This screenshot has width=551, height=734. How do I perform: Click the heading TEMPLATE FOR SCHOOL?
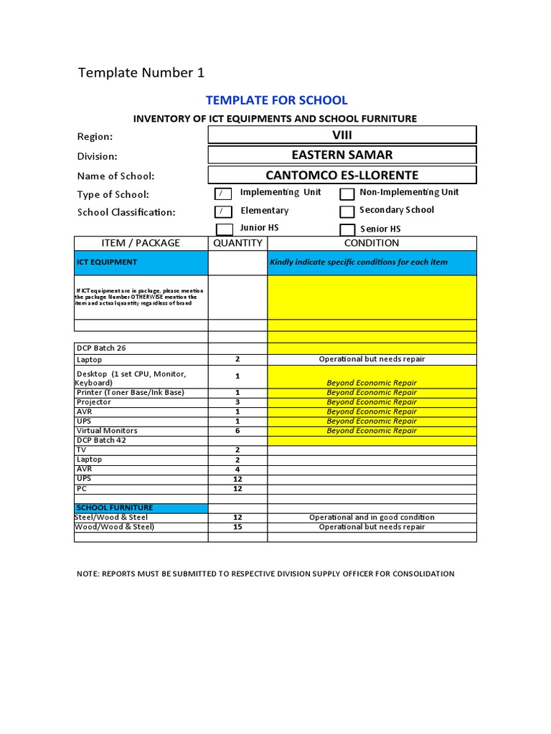(x=276, y=100)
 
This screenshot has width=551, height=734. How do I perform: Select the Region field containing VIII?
(x=342, y=135)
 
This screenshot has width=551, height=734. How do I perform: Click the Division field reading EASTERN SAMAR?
(x=342, y=155)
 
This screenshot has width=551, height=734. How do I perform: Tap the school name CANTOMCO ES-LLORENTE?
(x=342, y=176)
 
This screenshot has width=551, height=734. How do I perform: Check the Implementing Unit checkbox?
(x=224, y=194)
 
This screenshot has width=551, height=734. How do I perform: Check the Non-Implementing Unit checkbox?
(x=347, y=194)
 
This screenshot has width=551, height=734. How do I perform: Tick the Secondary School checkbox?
(x=347, y=211)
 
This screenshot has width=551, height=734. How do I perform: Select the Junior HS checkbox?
(x=224, y=229)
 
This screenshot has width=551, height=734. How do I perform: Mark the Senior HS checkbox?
(x=347, y=229)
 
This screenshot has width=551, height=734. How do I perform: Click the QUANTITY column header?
(x=237, y=243)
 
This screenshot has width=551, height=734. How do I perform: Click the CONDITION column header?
(x=372, y=243)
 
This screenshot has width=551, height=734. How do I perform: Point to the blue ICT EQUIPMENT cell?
(x=141, y=262)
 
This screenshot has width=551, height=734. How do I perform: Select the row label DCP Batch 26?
(x=101, y=348)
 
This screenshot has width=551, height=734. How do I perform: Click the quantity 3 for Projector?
(x=237, y=402)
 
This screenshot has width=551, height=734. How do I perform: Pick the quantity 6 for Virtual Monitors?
(x=237, y=431)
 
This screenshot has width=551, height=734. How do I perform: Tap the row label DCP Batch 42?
(x=101, y=440)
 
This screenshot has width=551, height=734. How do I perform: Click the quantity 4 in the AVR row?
(x=237, y=469)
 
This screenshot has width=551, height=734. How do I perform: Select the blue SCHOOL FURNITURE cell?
(x=141, y=507)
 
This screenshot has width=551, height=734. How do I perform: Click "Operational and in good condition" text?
(x=372, y=518)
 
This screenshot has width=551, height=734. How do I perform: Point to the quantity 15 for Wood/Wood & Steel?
(x=237, y=527)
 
